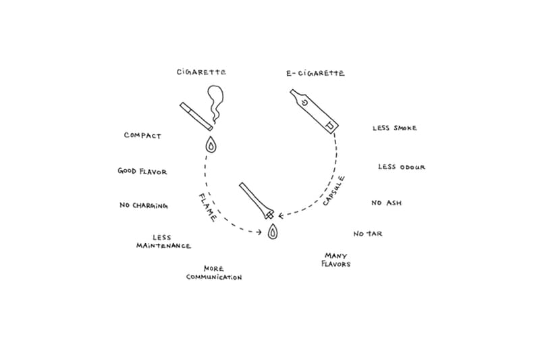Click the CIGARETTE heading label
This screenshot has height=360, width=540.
(201, 72)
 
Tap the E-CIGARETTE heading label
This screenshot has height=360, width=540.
(315, 73)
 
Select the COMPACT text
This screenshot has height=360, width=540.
(142, 136)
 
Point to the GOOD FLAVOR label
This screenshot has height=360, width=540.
(142, 172)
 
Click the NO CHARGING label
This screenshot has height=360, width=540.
(143, 205)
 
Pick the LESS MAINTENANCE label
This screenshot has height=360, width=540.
(163, 242)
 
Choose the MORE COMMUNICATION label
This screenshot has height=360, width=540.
(214, 273)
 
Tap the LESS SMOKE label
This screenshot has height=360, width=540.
(395, 128)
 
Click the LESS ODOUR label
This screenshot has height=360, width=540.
(402, 167)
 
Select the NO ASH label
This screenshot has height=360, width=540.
(386, 203)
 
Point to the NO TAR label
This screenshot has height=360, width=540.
(368, 234)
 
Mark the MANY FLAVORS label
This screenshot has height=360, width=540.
(335, 260)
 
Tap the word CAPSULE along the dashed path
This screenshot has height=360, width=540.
(334, 191)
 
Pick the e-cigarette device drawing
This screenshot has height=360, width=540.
(314, 111)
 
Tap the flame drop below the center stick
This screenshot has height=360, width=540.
(272, 232)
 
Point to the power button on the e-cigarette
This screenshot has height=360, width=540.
(304, 103)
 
